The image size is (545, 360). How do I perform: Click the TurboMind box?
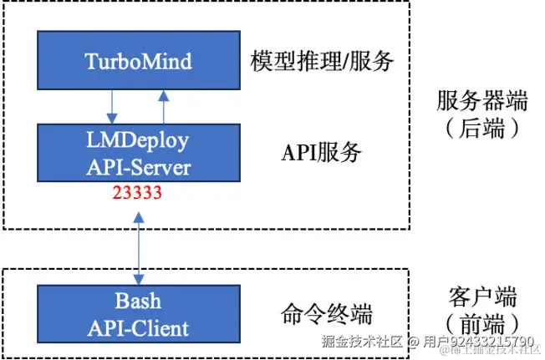[x=138, y=60]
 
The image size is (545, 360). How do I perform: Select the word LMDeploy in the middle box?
[x=139, y=139]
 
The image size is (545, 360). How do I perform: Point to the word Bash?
[x=138, y=300]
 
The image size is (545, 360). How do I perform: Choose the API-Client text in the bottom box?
[x=138, y=327]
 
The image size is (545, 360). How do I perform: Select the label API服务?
[x=322, y=153]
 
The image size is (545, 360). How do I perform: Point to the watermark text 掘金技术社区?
[x=363, y=342]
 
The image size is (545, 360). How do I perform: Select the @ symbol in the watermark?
[x=413, y=342]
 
